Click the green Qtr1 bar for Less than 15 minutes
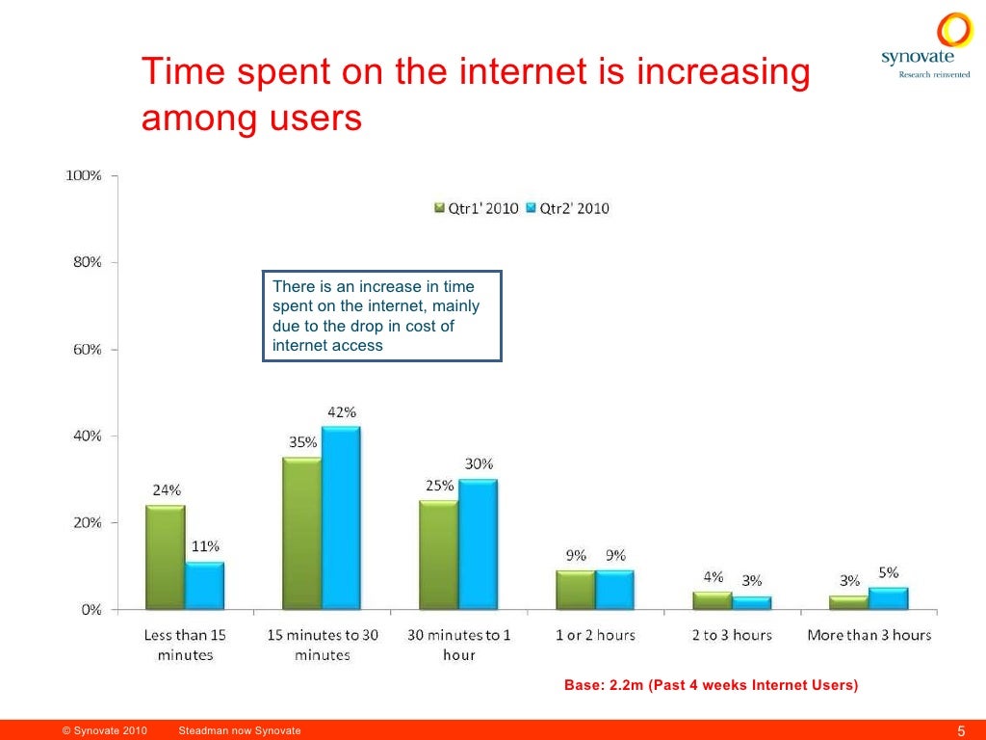[165, 557]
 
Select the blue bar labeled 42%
[341, 518]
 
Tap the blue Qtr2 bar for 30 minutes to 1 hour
[479, 544]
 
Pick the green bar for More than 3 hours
[849, 602]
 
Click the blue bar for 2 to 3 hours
[752, 602]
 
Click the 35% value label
[302, 442]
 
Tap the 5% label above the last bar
[888, 572]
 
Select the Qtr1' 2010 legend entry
[477, 208]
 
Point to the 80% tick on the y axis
[89, 262]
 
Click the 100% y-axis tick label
[84, 175]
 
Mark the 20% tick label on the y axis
[89, 522]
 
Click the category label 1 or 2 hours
[595, 635]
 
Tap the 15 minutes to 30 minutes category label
[322, 645]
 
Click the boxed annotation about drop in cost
[382, 316]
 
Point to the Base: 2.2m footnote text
[711, 685]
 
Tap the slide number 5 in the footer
[961, 729]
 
